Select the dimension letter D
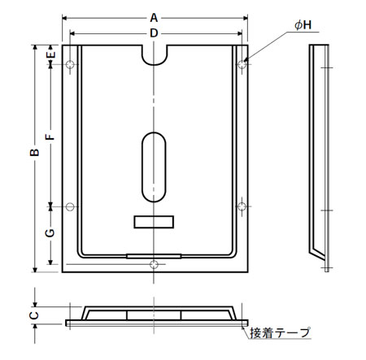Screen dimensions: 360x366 pyautogui.click(x=154, y=32)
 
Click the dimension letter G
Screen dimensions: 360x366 pyautogui.click(x=50, y=233)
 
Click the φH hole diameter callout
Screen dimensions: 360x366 pyautogui.click(x=303, y=26)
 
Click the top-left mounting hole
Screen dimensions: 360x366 pyautogui.click(x=70, y=64)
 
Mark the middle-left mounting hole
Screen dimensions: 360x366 pyautogui.click(x=70, y=206)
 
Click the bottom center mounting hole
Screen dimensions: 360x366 pyautogui.click(x=155, y=262)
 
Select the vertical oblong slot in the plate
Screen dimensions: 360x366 pyautogui.click(x=153, y=167)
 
